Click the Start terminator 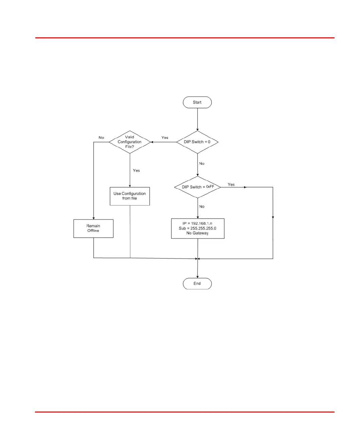click(x=197, y=102)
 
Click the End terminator click(x=197, y=284)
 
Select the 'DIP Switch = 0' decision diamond click(x=197, y=142)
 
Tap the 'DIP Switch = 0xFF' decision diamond click(x=198, y=187)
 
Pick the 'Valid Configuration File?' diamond click(x=130, y=142)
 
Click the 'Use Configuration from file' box click(x=130, y=196)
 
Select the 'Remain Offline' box click(x=93, y=228)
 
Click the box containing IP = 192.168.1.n click(x=198, y=228)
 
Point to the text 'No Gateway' click(x=197, y=233)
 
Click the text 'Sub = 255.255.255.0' click(x=197, y=228)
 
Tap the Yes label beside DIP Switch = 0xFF click(x=231, y=185)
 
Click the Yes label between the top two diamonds click(x=165, y=137)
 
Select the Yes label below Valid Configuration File click(x=136, y=171)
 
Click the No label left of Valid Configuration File click(x=101, y=137)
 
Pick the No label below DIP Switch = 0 click(x=202, y=164)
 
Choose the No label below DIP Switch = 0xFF click(x=202, y=207)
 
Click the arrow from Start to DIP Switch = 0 click(x=197, y=119)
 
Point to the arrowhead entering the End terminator click(x=197, y=277)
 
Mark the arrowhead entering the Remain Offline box click(x=93, y=218)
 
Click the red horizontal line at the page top click(x=185, y=38)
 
